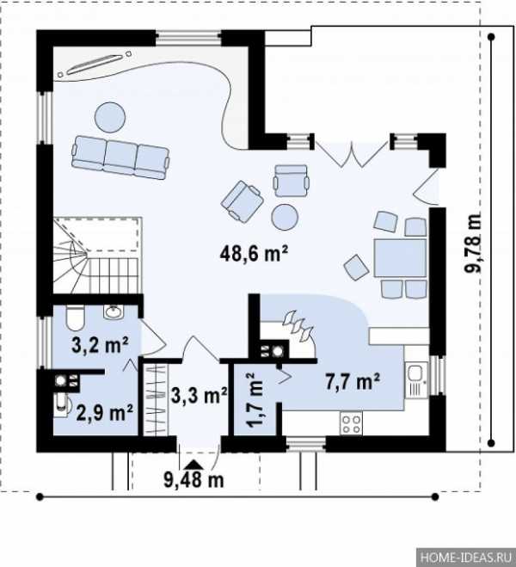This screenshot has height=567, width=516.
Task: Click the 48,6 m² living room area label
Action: [254, 253]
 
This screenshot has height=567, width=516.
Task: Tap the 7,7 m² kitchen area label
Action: [353, 382]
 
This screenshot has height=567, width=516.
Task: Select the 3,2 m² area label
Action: [100, 344]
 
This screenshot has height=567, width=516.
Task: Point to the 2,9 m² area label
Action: [104, 412]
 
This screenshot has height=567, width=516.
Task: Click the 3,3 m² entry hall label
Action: [199, 395]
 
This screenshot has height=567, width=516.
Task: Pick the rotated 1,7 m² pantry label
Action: [255, 400]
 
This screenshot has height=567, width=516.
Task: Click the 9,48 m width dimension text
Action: [193, 479]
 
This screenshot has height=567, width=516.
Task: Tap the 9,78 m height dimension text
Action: [473, 243]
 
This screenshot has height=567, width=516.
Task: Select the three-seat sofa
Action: [120, 157]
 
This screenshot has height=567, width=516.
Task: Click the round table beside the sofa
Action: [110, 117]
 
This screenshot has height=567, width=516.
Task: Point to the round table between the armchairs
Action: [285, 217]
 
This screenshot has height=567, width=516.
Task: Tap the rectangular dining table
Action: [400, 258]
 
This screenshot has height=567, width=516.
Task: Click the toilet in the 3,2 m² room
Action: [75, 317]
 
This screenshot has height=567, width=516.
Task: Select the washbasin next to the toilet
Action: [114, 311]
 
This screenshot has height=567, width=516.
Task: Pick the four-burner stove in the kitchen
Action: [351, 424]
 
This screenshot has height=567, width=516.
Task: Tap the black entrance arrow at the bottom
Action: [193, 465]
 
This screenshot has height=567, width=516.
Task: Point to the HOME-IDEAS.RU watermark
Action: [466, 558]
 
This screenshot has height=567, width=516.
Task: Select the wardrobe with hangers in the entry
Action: [157, 399]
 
